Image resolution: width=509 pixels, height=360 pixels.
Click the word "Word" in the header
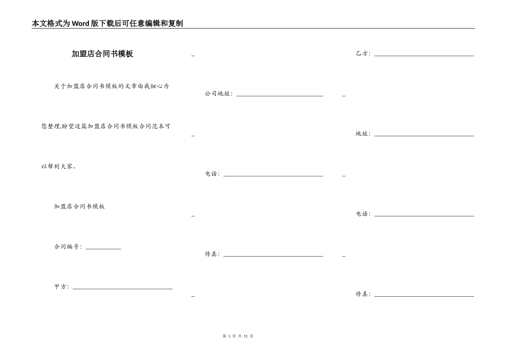point(80,24)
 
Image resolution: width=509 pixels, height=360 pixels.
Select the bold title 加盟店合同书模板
point(102,54)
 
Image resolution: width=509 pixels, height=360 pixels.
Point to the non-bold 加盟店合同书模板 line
point(79,206)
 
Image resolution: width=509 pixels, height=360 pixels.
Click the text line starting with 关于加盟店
point(111,86)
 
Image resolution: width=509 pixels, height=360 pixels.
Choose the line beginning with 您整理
point(106,126)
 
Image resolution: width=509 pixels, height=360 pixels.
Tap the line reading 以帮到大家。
point(59,166)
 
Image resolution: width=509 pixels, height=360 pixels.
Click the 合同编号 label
point(68,247)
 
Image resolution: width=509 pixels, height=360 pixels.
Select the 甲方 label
point(61,287)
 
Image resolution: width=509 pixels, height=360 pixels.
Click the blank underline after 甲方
point(122,289)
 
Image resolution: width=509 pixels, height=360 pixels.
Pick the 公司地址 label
point(218,94)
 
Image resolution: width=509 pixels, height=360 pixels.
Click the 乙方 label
point(363,54)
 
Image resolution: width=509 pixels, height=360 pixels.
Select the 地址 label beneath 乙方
point(363,134)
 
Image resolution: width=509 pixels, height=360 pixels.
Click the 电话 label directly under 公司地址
point(212,174)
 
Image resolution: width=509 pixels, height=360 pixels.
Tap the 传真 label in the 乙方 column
point(363,294)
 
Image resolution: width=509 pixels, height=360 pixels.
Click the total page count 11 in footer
point(245,336)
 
